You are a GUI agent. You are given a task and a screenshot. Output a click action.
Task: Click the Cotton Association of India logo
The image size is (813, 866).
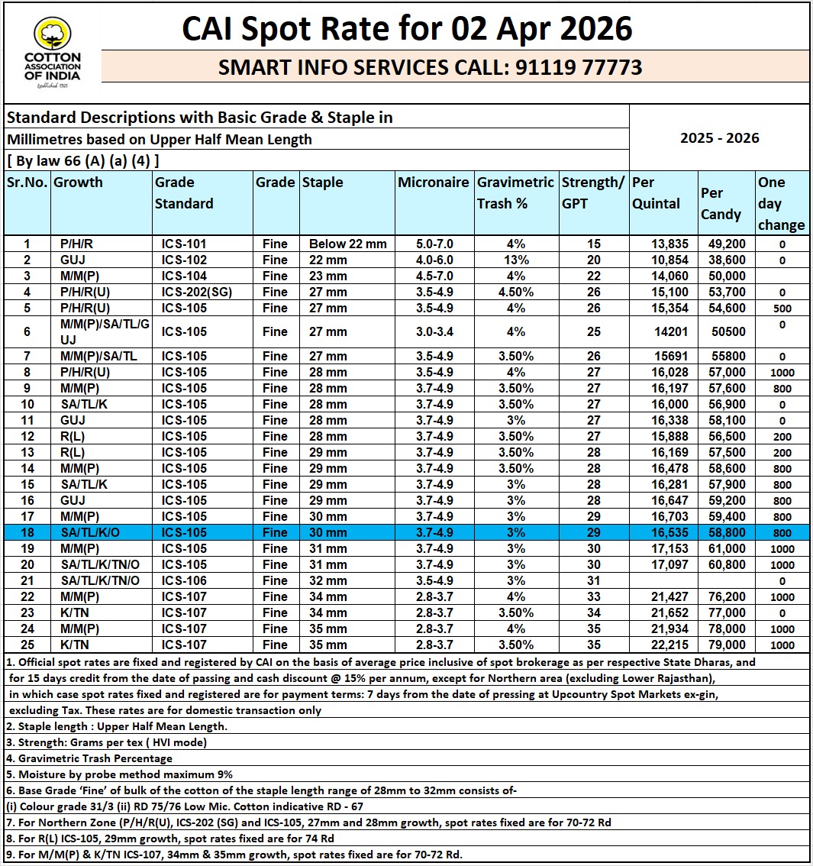[x=52, y=56]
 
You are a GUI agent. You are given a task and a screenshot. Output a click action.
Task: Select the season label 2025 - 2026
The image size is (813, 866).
[x=719, y=138]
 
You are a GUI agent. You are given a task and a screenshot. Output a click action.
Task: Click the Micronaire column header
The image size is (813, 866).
[x=433, y=183]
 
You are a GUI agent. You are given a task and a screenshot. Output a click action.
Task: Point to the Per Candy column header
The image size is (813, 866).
[x=721, y=203]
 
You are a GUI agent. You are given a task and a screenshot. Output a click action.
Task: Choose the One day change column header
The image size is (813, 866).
[x=782, y=203]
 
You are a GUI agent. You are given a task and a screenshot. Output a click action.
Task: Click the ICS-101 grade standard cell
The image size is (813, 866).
[x=184, y=244]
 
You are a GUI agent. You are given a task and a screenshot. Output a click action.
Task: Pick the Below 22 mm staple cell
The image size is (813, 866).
[x=347, y=244]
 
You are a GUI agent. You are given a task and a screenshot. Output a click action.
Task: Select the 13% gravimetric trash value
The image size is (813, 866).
[x=515, y=260]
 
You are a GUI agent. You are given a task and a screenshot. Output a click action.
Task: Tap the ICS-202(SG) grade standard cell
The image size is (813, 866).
[x=194, y=292]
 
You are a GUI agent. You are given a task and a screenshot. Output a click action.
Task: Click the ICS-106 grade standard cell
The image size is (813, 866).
[x=184, y=580]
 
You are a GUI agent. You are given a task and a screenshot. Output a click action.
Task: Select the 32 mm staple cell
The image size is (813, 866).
[x=328, y=580]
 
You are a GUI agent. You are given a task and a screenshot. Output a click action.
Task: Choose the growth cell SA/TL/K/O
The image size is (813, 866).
[x=89, y=532]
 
